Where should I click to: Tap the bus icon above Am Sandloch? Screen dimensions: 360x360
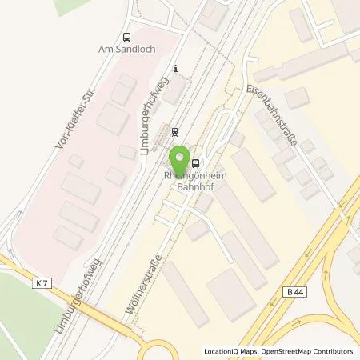[126, 36]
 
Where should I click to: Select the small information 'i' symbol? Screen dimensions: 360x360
[175, 69]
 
